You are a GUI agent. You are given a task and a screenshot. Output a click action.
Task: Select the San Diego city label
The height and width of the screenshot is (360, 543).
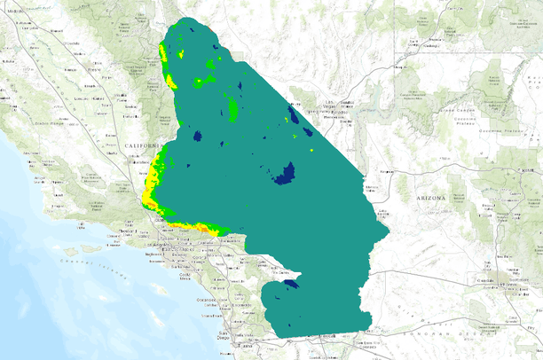point(232,333)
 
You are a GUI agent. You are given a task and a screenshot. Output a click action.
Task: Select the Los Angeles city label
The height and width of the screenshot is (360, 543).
point(168,239)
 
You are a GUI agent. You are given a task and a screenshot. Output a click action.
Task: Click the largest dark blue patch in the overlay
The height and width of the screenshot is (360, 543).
point(285,173)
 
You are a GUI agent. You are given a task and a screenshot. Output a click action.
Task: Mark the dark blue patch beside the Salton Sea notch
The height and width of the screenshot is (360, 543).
point(290,283)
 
